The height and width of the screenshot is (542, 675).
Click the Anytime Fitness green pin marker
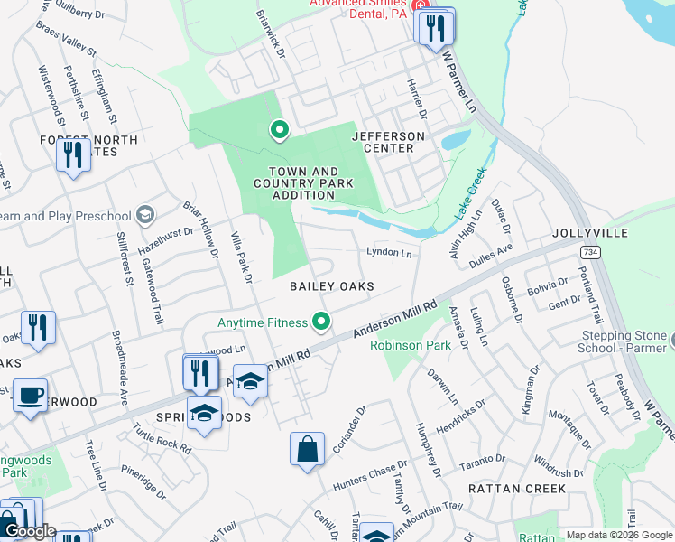click(319, 321)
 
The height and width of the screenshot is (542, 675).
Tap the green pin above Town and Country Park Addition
click(280, 131)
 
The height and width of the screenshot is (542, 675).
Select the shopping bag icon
click(307, 448)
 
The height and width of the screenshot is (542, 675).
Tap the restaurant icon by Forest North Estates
click(72, 154)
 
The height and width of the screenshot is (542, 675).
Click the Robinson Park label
click(409, 345)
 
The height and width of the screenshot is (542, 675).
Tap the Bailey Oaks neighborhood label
click(331, 286)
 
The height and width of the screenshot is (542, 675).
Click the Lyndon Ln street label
click(389, 254)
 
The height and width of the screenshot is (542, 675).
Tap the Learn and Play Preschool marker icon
click(144, 215)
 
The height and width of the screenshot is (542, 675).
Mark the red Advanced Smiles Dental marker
click(421, 6)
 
